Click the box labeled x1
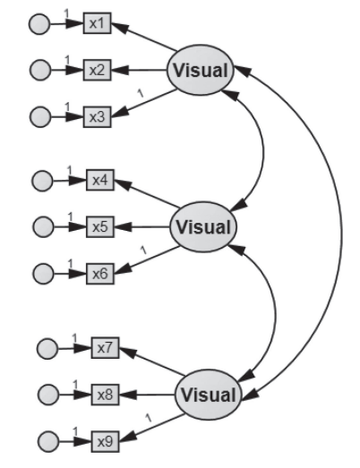(x=97, y=23)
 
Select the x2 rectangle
(x=97, y=70)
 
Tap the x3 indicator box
(x=97, y=117)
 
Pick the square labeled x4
(x=100, y=180)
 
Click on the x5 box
(x=100, y=226)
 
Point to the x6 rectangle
(x=100, y=274)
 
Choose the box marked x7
(x=105, y=348)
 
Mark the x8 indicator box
(x=105, y=395)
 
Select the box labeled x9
(x=105, y=441)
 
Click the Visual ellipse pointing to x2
(x=201, y=70)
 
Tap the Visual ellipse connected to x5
(x=203, y=226)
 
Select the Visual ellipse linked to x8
(x=208, y=395)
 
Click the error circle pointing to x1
(x=39, y=24)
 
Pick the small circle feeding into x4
(x=42, y=181)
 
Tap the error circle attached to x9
(x=48, y=442)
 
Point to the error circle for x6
(x=43, y=274)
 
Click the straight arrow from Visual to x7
(x=151, y=362)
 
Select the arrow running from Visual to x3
(x=144, y=103)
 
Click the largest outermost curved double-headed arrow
(x=341, y=233)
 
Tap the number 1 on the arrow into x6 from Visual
(x=143, y=250)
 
